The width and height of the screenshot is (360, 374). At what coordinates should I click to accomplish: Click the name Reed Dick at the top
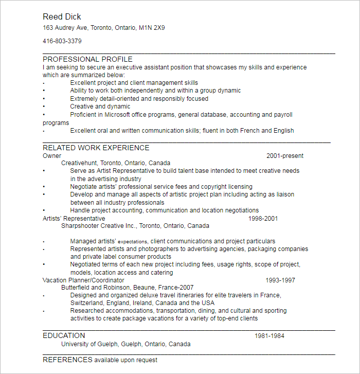click(x=62, y=17)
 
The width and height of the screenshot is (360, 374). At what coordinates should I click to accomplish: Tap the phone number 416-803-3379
click(x=62, y=41)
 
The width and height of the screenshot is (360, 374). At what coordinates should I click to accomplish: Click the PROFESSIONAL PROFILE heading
click(x=87, y=59)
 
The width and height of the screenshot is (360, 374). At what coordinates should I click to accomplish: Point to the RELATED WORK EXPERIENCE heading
click(x=96, y=148)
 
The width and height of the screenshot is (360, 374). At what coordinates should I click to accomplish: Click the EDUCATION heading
click(x=64, y=335)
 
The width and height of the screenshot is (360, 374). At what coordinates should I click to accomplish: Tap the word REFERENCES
click(x=67, y=360)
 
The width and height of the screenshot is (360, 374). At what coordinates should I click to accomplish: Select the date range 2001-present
click(x=284, y=156)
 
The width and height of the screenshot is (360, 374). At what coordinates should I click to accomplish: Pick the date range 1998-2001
click(x=263, y=219)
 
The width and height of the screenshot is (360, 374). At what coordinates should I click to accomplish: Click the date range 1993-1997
click(x=280, y=280)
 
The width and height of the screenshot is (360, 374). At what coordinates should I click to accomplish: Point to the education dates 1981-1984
click(x=269, y=336)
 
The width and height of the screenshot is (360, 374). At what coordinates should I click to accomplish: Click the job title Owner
click(x=51, y=156)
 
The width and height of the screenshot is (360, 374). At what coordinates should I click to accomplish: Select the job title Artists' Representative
click(x=74, y=219)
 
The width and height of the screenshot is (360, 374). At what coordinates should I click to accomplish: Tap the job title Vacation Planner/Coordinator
click(x=83, y=280)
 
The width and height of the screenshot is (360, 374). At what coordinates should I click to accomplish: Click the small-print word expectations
click(x=133, y=241)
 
